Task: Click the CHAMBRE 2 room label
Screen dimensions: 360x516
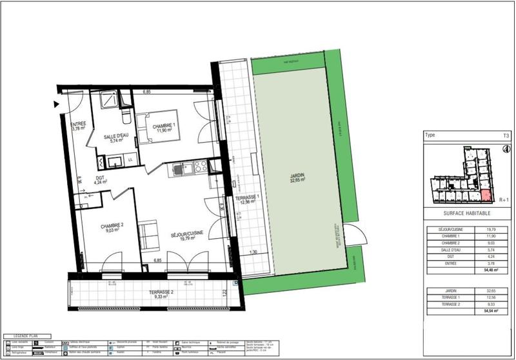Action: pyautogui.click(x=111, y=226)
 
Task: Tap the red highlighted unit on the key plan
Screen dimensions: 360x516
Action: pyautogui.click(x=486, y=196)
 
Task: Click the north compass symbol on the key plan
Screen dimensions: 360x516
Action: pyautogui.click(x=505, y=148)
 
